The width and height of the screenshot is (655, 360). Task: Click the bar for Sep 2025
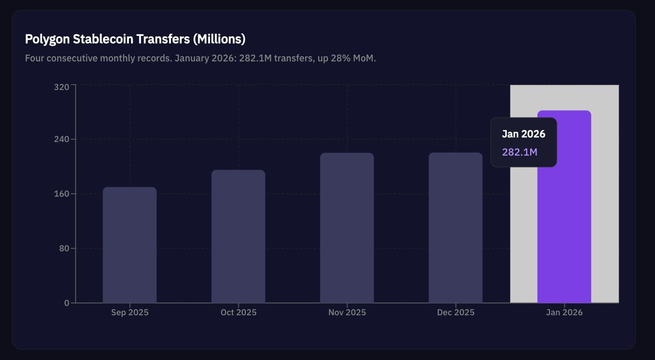coord(129,245)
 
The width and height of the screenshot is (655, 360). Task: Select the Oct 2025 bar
coord(238,236)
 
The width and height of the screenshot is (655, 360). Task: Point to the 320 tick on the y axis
coord(61,87)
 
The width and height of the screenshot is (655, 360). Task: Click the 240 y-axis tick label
coord(61,139)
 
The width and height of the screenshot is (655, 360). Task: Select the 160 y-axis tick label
coord(61,194)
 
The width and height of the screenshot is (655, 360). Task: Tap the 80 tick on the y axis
coord(63,249)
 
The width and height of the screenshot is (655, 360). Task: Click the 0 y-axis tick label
coord(67,303)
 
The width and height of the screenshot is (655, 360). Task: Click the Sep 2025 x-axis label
coord(129,313)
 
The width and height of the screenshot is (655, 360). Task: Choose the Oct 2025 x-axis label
coord(238,313)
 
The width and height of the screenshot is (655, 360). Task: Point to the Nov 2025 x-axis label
coord(347,313)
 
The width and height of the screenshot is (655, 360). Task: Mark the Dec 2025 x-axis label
coord(455,313)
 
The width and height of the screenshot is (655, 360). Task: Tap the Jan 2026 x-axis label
coord(564,313)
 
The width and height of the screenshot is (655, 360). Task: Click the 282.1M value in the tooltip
coord(519,152)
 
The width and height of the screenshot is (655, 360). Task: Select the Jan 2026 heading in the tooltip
coord(523,134)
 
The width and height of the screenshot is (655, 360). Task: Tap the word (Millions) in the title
coord(219,39)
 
